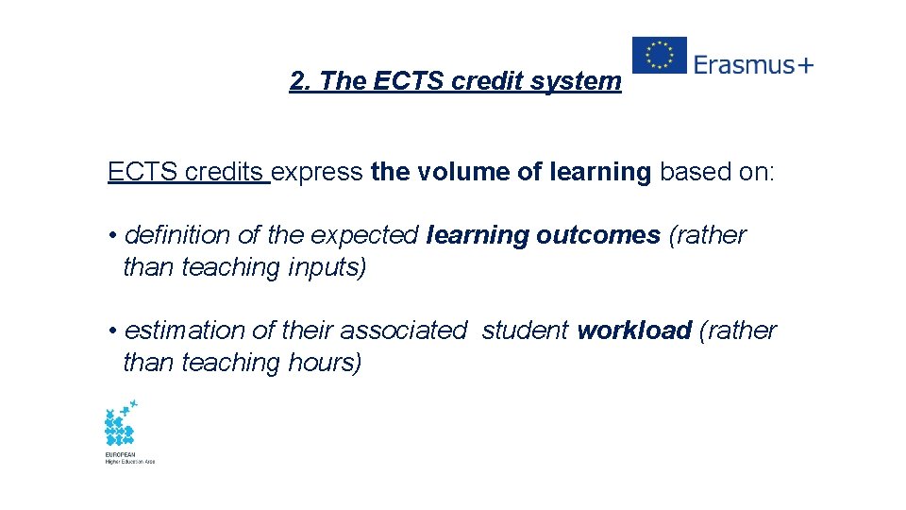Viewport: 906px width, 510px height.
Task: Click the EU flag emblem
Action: pos(659,55)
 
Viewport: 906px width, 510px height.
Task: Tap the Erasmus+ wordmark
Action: pos(753,64)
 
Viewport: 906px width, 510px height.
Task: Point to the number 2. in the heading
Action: pos(301,81)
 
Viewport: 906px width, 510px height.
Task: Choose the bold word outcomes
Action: pos(597,235)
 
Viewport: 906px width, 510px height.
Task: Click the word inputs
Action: pos(326,267)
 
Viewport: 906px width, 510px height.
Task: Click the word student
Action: pos(525,331)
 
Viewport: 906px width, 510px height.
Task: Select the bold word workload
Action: pos(634,331)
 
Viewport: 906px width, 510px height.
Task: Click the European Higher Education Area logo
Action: pos(124,431)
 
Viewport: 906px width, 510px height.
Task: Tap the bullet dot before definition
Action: pos(111,235)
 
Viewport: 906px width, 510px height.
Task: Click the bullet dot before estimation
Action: pos(111,331)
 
